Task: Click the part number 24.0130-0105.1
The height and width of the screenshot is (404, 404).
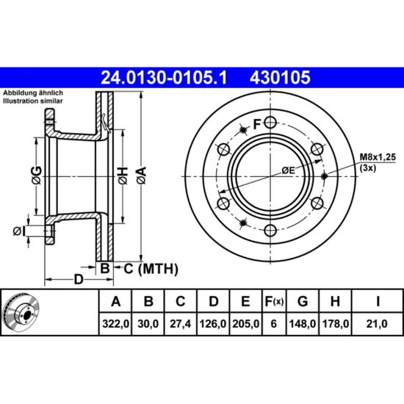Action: (164, 78)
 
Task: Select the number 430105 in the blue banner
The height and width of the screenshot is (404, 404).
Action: (280, 78)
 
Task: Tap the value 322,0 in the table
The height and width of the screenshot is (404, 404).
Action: (115, 324)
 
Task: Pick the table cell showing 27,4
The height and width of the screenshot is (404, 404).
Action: (181, 324)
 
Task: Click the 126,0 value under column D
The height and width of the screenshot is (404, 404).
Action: (213, 324)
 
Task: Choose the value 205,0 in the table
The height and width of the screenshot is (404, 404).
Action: (245, 324)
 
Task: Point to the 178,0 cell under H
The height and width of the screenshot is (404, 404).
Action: (335, 324)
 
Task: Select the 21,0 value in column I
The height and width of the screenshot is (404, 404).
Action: (377, 324)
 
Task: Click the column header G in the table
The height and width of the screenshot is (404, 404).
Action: (303, 301)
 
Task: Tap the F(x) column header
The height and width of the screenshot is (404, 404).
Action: (274, 301)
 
